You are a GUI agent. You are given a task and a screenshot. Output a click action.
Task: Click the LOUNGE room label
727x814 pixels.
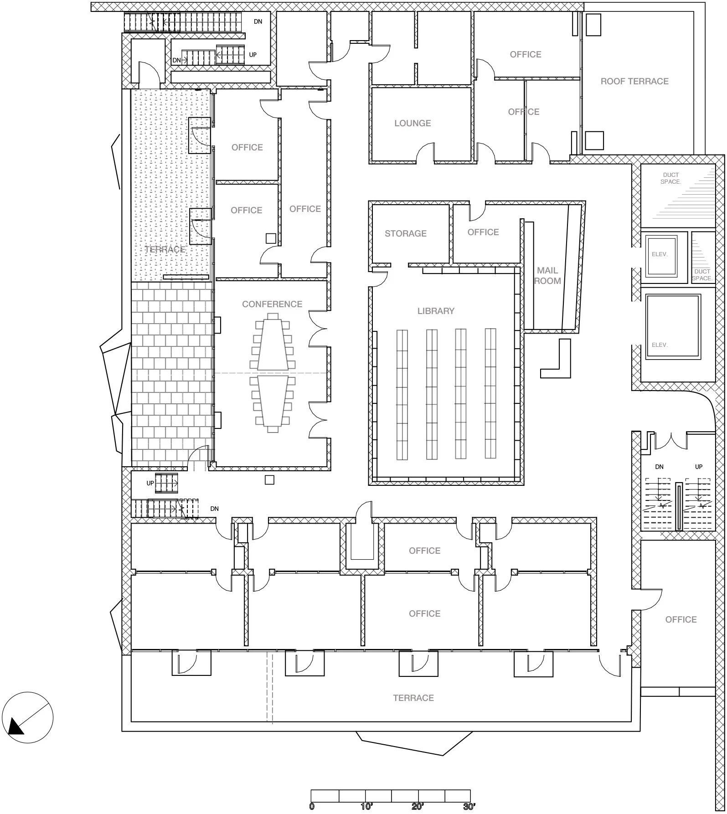[412, 123]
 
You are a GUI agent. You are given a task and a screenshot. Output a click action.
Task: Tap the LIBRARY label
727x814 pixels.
[436, 311]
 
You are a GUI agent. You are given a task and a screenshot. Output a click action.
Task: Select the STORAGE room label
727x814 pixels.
[405, 233]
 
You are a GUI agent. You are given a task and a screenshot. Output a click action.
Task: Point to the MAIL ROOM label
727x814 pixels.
[547, 276]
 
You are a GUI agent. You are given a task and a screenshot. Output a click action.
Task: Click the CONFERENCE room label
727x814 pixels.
[272, 304]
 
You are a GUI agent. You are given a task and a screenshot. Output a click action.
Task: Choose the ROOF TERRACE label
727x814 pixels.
[634, 81]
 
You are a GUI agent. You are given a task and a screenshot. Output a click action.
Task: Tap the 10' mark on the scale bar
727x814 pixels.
[366, 807]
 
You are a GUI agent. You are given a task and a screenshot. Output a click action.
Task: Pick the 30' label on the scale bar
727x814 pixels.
[469, 807]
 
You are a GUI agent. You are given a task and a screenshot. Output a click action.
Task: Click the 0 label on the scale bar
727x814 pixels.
[312, 807]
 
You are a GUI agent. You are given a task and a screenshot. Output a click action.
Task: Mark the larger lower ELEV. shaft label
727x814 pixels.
[660, 345]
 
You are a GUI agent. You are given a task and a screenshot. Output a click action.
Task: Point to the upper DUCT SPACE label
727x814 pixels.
[670, 178]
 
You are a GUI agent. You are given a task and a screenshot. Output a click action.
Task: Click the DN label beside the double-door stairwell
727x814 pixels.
[659, 467]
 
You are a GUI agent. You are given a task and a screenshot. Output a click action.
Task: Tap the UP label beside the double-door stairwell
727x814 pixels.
[699, 467]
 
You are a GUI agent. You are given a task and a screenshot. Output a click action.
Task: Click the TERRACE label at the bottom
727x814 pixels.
[413, 698]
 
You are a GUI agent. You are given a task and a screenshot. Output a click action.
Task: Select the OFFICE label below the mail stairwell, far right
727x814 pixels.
[681, 619]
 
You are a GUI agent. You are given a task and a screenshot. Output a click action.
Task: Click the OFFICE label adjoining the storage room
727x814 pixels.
[483, 232]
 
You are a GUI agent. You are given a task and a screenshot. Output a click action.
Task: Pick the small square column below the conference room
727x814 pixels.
[269, 479]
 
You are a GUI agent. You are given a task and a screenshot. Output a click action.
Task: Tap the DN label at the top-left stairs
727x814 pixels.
[258, 21]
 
